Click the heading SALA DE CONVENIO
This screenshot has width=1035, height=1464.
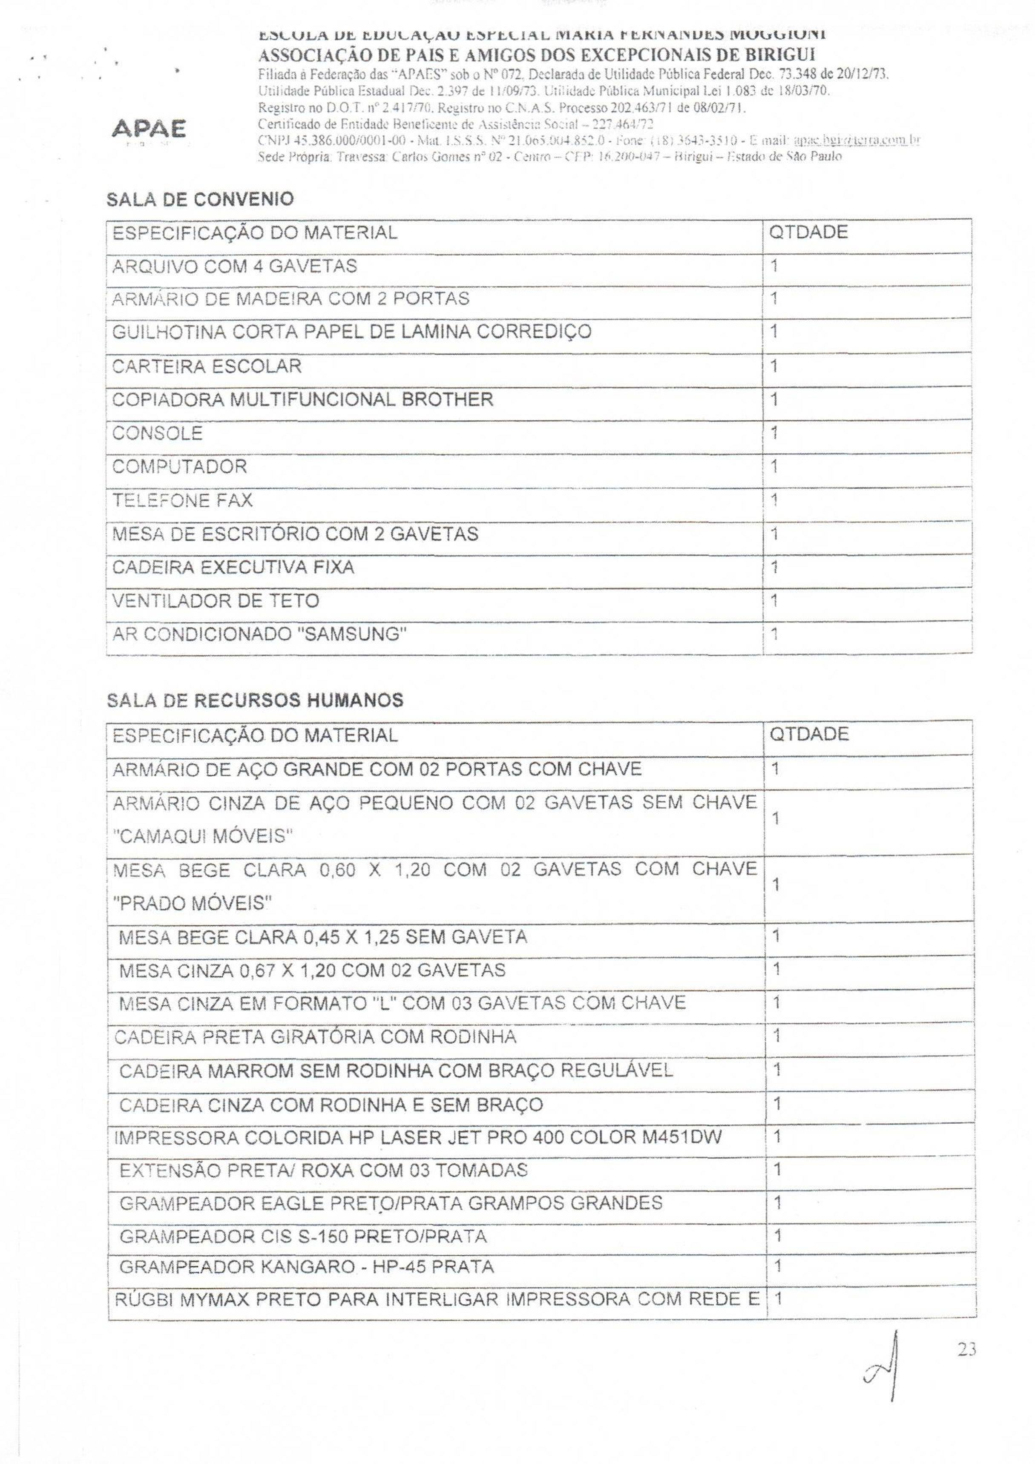click(x=200, y=200)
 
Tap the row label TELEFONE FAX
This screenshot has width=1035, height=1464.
click(x=182, y=500)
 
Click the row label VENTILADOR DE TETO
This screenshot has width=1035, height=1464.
click(x=216, y=601)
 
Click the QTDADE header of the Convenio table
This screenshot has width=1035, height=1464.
click(x=808, y=232)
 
